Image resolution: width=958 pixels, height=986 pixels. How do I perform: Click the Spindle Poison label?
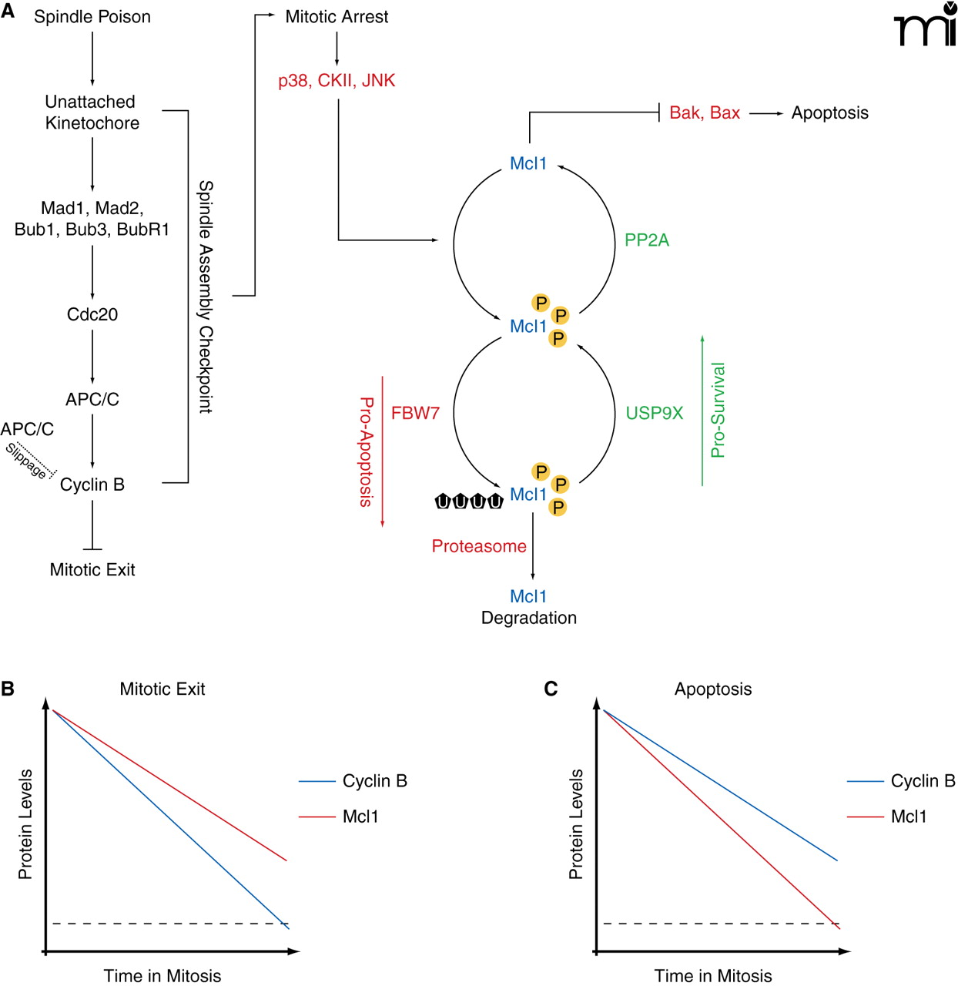[x=92, y=17]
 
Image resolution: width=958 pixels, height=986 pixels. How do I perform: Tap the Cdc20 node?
[x=92, y=314]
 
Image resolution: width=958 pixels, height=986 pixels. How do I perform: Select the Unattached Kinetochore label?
[x=92, y=112]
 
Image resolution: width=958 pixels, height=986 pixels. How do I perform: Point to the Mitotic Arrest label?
[x=337, y=17]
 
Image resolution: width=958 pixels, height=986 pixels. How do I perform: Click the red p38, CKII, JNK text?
[x=337, y=81]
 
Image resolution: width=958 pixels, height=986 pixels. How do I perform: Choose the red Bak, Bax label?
[x=705, y=113]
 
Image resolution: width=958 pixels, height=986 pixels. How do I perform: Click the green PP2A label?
[x=647, y=240]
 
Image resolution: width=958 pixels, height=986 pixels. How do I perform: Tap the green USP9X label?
[x=655, y=414]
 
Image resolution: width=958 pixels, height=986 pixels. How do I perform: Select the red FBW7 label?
[x=415, y=414]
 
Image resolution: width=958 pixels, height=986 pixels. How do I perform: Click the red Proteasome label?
[x=479, y=547]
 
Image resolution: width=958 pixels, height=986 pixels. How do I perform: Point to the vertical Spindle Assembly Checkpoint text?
[x=206, y=297]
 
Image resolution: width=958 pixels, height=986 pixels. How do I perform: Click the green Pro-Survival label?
[x=718, y=411]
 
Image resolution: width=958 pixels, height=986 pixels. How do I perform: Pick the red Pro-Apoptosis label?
[x=367, y=452]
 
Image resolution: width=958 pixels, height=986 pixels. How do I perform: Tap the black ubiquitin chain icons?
[x=469, y=501]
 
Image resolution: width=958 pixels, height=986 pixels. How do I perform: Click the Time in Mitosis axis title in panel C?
[x=713, y=976]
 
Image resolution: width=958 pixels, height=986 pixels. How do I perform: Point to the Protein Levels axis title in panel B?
[x=25, y=824]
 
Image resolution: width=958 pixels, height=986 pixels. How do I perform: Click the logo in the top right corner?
[x=926, y=25]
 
